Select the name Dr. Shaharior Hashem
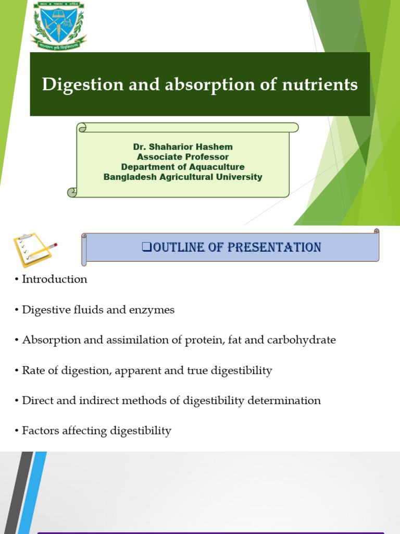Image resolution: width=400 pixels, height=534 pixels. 183,147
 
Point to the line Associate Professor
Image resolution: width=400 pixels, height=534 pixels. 183,157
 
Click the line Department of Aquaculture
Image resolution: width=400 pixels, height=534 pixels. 183,167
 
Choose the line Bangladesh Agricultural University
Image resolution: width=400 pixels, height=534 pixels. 183,177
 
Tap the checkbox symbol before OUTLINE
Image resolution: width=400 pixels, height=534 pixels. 146,247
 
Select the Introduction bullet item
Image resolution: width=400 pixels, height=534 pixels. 54,280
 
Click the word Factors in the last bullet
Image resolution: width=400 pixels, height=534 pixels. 40,431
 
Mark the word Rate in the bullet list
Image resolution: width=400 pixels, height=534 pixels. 32,371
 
